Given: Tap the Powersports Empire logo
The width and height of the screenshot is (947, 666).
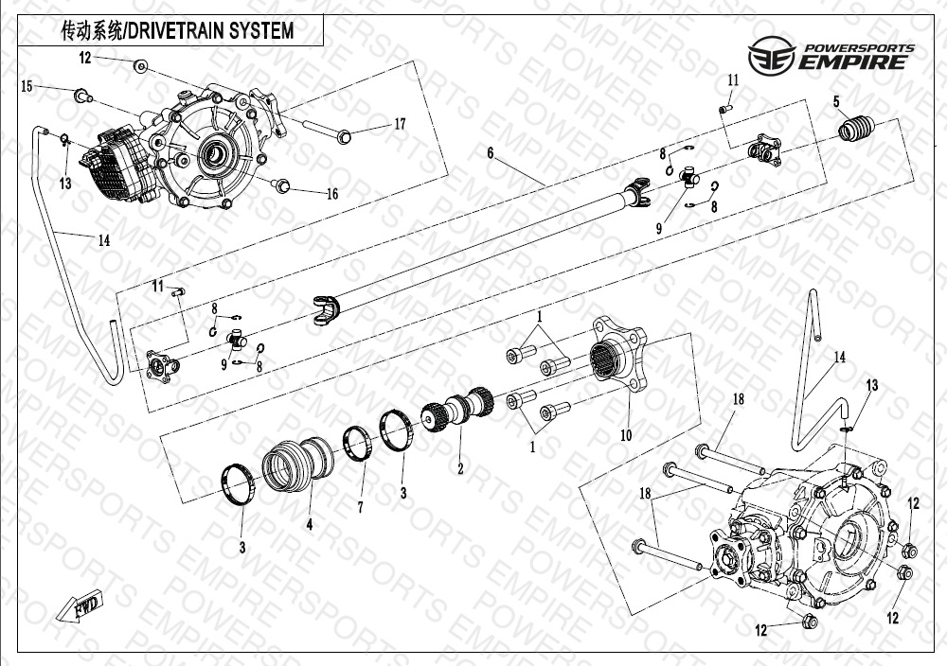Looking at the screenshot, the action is point(831,56).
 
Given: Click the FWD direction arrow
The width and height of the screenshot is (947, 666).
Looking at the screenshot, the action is point(80,607).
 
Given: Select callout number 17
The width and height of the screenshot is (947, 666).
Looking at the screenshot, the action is point(400,124).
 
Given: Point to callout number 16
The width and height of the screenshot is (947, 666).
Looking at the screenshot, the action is point(332,194).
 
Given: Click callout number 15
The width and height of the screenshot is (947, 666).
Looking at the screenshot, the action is point(27,86).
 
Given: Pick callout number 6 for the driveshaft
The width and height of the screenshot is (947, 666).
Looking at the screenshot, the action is point(491,153).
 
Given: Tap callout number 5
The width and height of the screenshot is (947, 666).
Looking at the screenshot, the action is point(836,101).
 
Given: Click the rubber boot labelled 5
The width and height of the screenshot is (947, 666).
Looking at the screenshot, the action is point(856,129).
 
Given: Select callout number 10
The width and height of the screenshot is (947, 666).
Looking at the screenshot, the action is point(626,435).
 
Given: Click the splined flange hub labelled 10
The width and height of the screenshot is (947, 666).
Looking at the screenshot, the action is point(617,355).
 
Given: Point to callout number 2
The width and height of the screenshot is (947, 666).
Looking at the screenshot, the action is point(460,468).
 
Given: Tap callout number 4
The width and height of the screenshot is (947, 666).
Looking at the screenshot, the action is point(310,524).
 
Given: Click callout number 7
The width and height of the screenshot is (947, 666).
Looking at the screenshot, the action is point(360,507).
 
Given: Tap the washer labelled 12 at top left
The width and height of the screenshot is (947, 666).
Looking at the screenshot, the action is point(140,66).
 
